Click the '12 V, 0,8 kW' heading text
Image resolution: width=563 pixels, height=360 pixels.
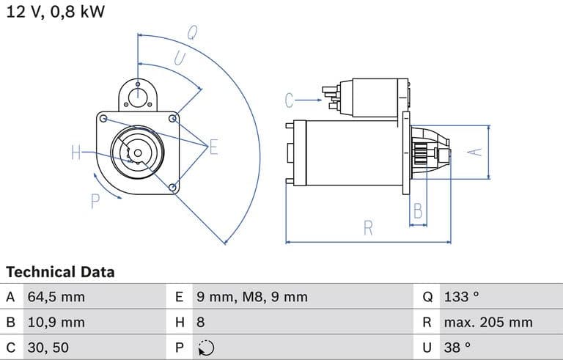click(55, 12)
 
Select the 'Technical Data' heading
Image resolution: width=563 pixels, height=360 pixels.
click(60, 272)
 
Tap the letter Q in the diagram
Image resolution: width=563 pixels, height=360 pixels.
click(192, 32)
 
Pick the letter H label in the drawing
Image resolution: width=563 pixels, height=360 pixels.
click(76, 153)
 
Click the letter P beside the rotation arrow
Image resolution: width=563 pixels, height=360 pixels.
click(95, 201)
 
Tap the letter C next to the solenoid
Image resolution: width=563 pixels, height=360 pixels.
click(290, 100)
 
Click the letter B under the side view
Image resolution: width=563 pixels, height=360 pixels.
click(418, 211)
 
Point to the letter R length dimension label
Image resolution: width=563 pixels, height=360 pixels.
click(368, 228)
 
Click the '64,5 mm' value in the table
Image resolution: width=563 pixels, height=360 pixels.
click(56, 297)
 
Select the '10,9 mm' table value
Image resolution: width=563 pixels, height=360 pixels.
click(56, 322)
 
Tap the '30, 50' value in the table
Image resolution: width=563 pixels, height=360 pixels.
click(48, 348)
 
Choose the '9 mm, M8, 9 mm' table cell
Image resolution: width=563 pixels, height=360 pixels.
click(251, 297)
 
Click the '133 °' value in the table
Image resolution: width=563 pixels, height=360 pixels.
click(461, 297)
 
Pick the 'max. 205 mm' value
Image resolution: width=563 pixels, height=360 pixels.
click(487, 322)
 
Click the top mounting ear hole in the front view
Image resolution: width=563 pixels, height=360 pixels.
click(138, 94)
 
